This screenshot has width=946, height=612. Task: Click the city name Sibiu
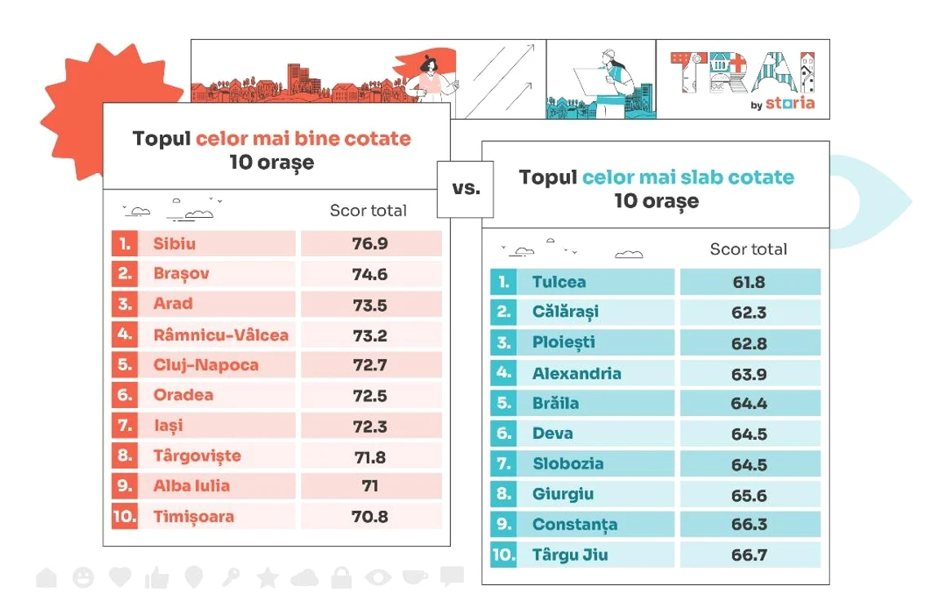click(x=174, y=244)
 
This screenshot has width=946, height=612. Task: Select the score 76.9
click(x=369, y=244)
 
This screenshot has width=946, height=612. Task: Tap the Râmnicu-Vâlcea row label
click(x=221, y=335)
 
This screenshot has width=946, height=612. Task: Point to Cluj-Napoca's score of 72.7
click(x=369, y=365)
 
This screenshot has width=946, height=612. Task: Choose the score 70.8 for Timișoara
click(x=369, y=517)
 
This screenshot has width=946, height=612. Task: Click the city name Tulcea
click(x=559, y=282)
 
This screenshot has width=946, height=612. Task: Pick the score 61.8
click(x=749, y=282)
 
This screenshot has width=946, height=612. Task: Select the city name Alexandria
click(x=577, y=374)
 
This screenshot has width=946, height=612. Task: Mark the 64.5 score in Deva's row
click(x=749, y=434)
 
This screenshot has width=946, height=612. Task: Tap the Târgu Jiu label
click(x=569, y=555)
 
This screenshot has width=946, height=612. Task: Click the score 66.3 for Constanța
click(x=749, y=525)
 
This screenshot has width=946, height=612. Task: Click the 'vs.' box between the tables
click(x=465, y=189)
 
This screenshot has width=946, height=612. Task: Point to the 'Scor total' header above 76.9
click(x=368, y=210)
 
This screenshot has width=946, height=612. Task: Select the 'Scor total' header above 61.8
click(x=748, y=249)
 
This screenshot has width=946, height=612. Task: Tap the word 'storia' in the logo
click(x=789, y=103)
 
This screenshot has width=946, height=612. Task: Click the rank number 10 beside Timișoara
click(x=124, y=517)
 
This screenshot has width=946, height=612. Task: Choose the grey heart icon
click(x=120, y=576)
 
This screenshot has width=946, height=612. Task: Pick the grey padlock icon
click(x=342, y=578)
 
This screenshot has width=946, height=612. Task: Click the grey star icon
click(x=267, y=578)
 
